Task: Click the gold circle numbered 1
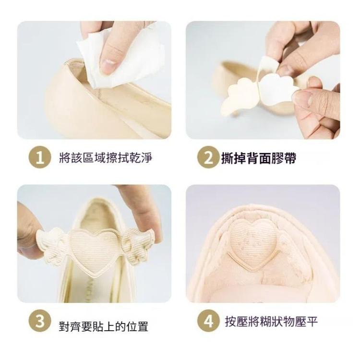(x=40, y=157)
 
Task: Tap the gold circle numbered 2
(x=208, y=157)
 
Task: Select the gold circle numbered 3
(x=40, y=321)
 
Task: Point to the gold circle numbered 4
(x=208, y=321)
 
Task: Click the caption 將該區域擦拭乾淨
(x=106, y=158)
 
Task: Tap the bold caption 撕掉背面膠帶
(x=259, y=158)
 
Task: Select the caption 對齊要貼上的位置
(x=103, y=326)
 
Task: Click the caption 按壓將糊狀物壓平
(x=271, y=322)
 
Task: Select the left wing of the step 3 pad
(x=53, y=246)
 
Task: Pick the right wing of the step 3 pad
(x=137, y=246)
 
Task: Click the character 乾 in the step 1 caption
(x=134, y=158)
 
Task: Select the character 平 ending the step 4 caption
(x=312, y=322)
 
